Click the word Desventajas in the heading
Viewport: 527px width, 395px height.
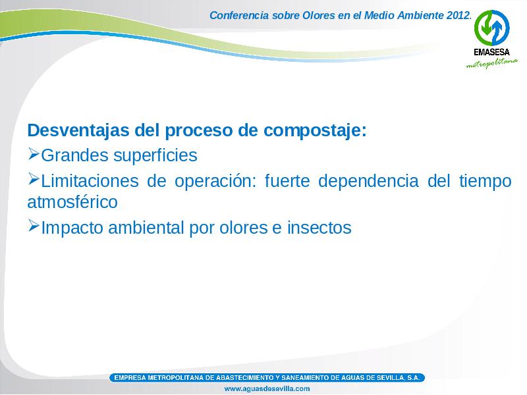tap(78, 130)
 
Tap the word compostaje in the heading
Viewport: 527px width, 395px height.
tap(315, 131)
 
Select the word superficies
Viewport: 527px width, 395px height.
tap(155, 155)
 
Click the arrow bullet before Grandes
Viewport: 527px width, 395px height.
tap(34, 153)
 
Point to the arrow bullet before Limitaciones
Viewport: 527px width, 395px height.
tap(34, 179)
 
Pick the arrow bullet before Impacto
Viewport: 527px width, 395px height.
tap(34, 226)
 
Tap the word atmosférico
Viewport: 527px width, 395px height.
tap(72, 202)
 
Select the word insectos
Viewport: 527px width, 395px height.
tap(319, 227)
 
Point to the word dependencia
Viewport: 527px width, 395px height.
tap(368, 181)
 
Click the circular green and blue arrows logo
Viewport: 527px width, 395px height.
tap(491, 28)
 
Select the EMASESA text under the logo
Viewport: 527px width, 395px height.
tap(491, 52)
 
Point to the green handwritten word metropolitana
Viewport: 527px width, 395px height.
tap(491, 63)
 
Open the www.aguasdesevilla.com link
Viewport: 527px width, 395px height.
tap(267, 388)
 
